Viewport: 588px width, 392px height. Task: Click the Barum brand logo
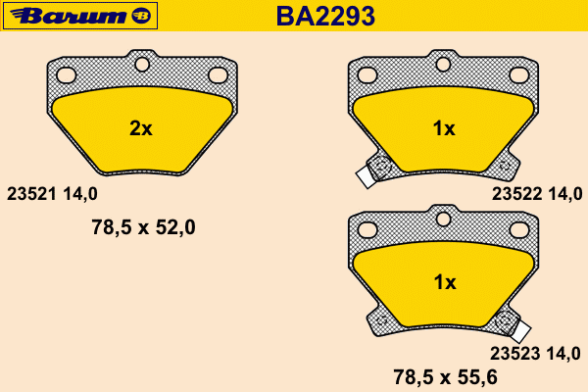[x=80, y=16]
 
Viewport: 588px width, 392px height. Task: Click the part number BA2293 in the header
[x=325, y=16]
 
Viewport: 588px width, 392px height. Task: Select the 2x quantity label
[x=141, y=128]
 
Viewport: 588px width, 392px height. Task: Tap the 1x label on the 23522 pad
[x=444, y=128]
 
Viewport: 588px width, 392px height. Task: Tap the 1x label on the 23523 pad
[x=445, y=282]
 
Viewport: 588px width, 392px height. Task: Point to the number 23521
[x=31, y=194]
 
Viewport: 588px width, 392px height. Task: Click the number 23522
[x=516, y=194]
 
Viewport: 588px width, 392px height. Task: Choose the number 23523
[x=515, y=354]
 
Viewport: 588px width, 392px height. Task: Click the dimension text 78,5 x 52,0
[x=143, y=227]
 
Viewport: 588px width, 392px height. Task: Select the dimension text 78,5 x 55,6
[x=446, y=377]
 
